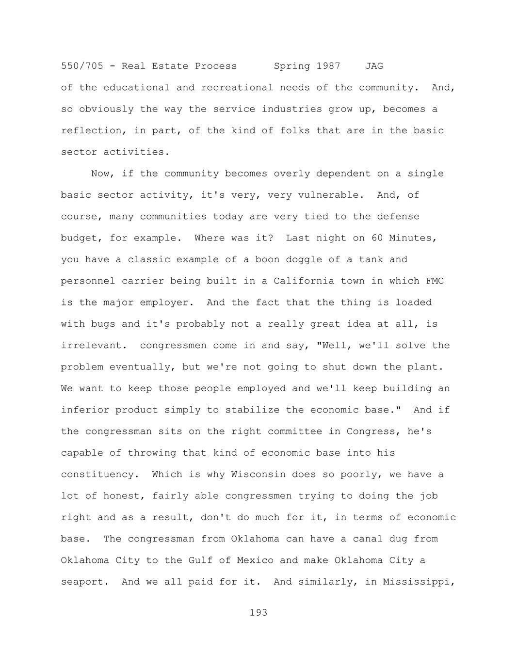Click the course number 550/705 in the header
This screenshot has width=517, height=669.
coord(82,66)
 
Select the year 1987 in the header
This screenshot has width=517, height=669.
coord(328,66)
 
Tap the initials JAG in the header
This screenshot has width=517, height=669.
coord(374,66)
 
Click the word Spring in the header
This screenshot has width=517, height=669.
coord(292,66)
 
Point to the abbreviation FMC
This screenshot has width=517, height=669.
coord(435,281)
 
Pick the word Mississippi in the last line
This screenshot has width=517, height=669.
coord(419,582)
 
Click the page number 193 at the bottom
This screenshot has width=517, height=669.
coord(258,613)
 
